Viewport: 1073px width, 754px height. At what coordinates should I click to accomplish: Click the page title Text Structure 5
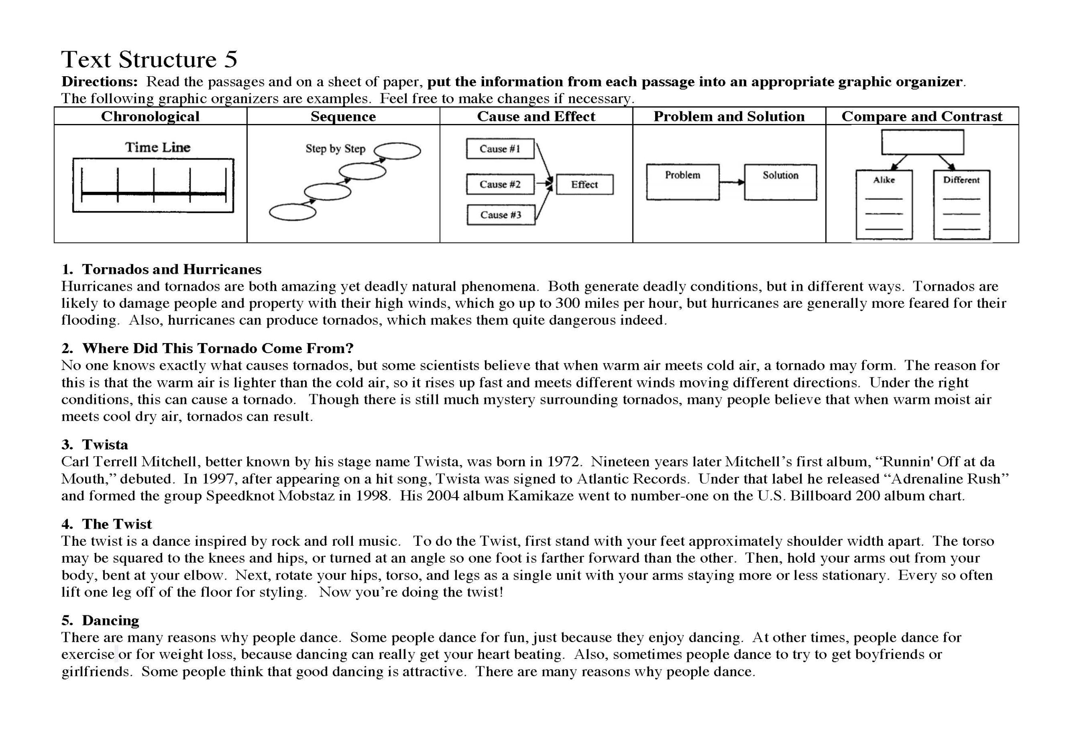pos(149,59)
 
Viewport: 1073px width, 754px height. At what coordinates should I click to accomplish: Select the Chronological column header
pos(150,116)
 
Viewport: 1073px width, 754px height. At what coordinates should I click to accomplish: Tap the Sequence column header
pos(343,116)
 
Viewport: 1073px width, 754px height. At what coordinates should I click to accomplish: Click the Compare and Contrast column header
pos(922,116)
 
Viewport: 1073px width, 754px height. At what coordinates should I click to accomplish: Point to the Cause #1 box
pos(500,149)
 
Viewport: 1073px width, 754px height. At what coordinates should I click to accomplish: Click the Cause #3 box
pos(500,215)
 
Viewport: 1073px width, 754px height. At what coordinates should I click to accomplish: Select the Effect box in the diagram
pos(584,185)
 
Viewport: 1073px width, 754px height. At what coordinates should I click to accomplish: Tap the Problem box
pos(682,182)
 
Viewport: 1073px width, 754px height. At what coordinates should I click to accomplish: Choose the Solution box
pos(780,182)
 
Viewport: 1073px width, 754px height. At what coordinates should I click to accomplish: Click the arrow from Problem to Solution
pos(731,182)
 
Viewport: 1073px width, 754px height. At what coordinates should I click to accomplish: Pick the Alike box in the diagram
pos(884,204)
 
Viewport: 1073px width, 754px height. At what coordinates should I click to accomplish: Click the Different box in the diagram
pos(962,204)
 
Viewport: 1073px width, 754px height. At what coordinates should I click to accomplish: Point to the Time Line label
pos(158,147)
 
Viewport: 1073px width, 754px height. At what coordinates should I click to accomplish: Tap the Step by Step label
pos(335,149)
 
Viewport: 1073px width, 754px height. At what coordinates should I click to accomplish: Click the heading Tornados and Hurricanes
pos(171,269)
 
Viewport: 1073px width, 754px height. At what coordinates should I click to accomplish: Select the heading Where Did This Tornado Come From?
pos(218,348)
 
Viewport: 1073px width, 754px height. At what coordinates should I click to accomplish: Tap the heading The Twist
pos(117,524)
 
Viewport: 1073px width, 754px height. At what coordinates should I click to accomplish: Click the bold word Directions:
pos(99,82)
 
